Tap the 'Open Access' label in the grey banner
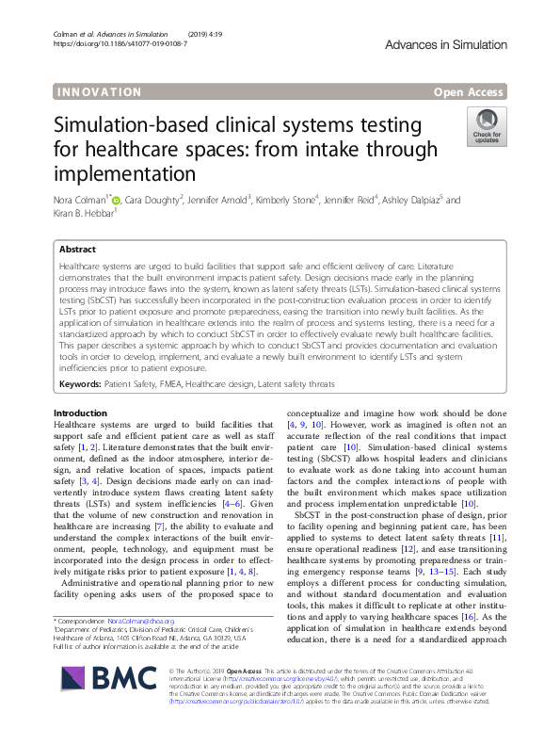(x=470, y=91)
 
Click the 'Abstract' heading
(x=77, y=251)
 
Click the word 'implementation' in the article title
(x=123, y=174)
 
